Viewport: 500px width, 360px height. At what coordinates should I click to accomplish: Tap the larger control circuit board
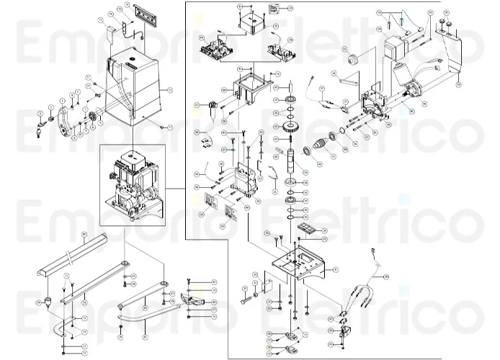coord(218,48)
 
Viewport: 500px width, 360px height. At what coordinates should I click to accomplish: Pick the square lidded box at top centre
coord(253,24)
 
